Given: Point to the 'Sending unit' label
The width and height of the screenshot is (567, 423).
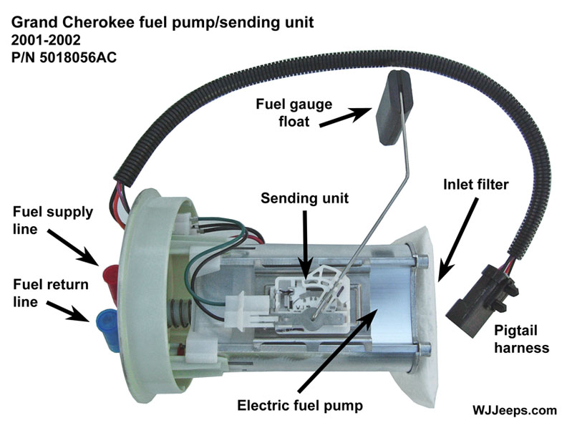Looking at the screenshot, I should (304, 198).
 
